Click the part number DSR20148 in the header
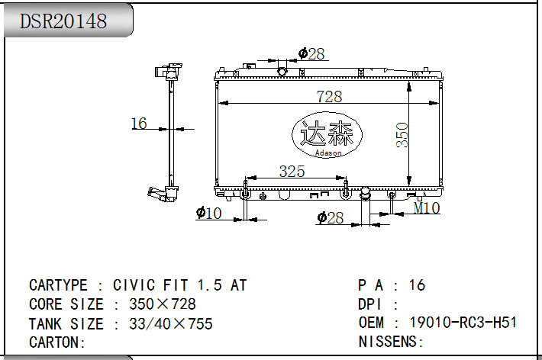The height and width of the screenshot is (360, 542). coord(63,21)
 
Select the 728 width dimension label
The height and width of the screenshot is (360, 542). coord(329,96)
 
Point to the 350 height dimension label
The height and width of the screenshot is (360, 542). coord(402,135)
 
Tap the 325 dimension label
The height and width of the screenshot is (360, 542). coord(292,172)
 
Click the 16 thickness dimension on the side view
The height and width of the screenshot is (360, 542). coord(139,124)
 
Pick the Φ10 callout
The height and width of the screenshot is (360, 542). coord(208,213)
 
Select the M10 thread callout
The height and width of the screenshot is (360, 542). coord(427,208)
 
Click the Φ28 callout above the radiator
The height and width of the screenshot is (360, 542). coord(311,54)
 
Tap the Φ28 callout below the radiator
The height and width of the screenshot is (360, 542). coord(330,217)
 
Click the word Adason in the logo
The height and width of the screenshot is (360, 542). coord(328,153)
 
